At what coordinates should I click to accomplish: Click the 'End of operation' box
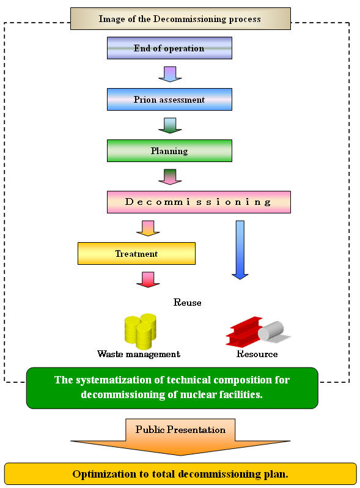click(x=169, y=48)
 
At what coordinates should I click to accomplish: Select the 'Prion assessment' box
click(x=169, y=99)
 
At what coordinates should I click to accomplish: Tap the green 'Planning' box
click(x=169, y=150)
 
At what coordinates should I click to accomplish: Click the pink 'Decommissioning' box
click(x=199, y=202)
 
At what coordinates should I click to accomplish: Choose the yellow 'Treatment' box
click(x=136, y=253)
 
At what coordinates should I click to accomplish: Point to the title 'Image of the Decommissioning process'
click(x=180, y=19)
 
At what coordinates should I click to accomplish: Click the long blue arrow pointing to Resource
click(x=240, y=250)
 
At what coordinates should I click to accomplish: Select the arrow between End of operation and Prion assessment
click(x=170, y=74)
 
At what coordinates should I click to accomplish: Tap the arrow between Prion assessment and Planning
click(x=170, y=125)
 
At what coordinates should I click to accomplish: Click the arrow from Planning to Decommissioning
click(x=170, y=177)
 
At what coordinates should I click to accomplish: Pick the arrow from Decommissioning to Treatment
click(x=148, y=228)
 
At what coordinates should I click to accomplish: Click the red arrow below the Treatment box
click(x=148, y=279)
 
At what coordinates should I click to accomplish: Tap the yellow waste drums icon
click(x=141, y=331)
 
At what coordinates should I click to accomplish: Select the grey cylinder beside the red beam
click(x=271, y=331)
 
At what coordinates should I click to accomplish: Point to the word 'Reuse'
click(x=187, y=303)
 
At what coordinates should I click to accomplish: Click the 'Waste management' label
click(x=139, y=354)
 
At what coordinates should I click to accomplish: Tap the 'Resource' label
click(x=257, y=354)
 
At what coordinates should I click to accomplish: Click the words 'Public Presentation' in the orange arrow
click(x=180, y=429)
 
